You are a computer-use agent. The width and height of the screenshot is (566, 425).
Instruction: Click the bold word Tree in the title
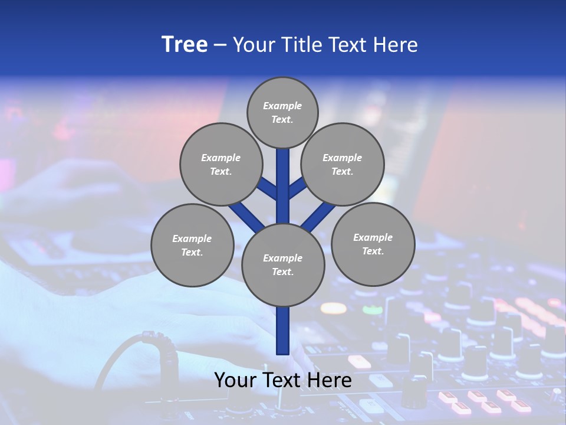click(185, 45)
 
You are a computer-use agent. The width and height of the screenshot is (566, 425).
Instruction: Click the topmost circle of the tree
click(282, 112)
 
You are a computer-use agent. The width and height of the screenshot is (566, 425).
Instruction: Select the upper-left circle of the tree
click(221, 164)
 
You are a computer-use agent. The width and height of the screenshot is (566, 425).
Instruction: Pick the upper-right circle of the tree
click(343, 164)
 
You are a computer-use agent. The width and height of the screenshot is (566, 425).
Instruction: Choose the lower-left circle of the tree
click(192, 245)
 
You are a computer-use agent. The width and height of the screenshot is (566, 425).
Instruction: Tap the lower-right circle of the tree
click(373, 244)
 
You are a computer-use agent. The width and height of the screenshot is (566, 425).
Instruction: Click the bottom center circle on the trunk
click(283, 265)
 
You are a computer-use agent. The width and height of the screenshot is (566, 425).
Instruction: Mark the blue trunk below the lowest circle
click(283, 331)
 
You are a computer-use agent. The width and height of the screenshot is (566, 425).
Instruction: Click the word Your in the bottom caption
click(234, 380)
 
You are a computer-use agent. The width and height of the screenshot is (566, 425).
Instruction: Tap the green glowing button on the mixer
click(372, 309)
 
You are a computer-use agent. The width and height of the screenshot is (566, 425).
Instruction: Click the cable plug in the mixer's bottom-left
click(152, 342)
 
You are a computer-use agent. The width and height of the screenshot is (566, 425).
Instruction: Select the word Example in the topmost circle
click(282, 106)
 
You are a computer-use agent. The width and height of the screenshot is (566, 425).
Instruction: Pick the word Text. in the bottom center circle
click(282, 272)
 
